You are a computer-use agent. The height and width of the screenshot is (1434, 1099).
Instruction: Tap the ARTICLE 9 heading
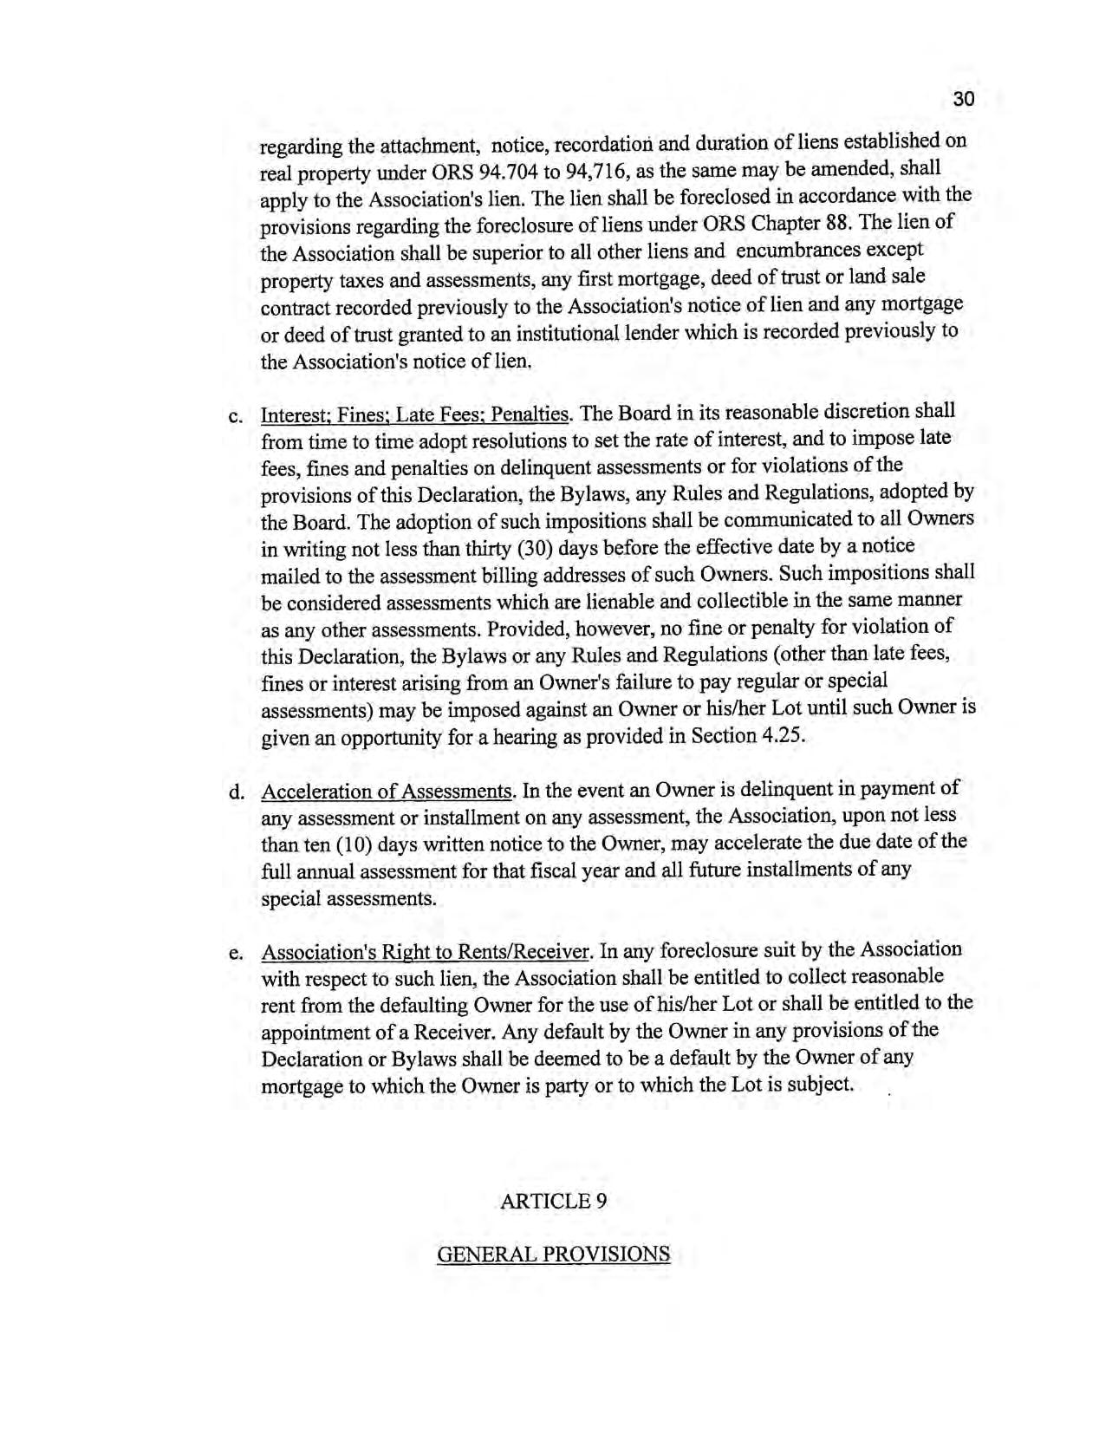click(x=553, y=1201)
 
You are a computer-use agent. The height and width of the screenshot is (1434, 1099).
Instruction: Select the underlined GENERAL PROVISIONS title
click(x=553, y=1255)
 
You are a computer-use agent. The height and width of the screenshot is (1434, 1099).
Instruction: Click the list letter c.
click(x=234, y=417)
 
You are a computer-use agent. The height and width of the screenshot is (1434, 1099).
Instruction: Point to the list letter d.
click(x=234, y=792)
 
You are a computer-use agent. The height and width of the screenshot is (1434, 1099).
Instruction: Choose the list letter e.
click(x=234, y=954)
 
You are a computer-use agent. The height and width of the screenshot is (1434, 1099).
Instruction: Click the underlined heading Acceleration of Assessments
click(x=387, y=792)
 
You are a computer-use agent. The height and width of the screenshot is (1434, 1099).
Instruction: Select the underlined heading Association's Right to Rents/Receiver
click(x=426, y=953)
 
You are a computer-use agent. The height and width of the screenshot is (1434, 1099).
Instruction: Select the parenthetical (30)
click(x=535, y=549)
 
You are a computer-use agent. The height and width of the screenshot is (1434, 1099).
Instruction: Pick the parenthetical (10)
click(x=354, y=844)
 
